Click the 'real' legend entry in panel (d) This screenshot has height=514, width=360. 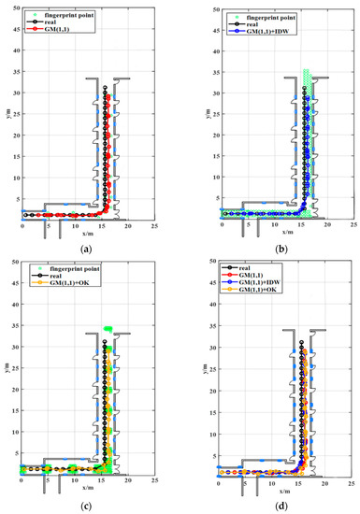(x=252, y=266)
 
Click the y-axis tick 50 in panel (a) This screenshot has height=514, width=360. (x=12, y=7)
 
